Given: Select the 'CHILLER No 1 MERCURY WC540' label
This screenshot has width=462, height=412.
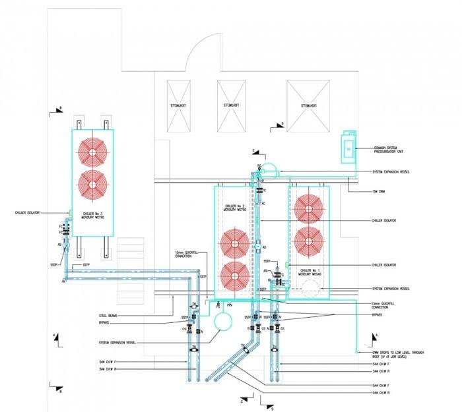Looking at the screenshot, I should tap(310, 272).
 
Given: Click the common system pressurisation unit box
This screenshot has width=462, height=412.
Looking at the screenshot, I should tap(346, 148).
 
